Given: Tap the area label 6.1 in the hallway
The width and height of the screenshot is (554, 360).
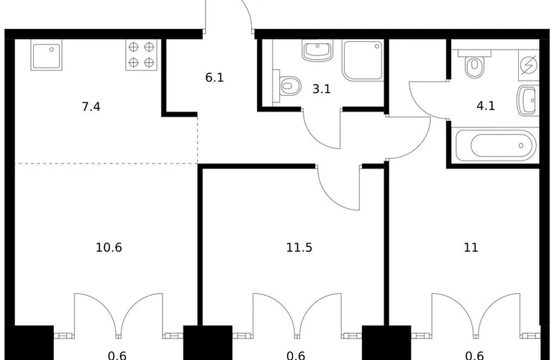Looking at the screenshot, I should pyautogui.click(x=214, y=77).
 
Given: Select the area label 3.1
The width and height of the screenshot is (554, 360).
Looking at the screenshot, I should pyautogui.click(x=320, y=91).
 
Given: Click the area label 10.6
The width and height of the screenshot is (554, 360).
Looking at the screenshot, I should pyautogui.click(x=109, y=248).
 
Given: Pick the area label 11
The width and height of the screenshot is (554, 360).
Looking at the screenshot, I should pyautogui.click(x=471, y=248).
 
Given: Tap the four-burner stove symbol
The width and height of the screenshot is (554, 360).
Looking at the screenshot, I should pyautogui.click(x=141, y=55).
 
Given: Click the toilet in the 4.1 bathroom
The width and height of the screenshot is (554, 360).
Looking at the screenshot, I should pyautogui.click(x=473, y=67).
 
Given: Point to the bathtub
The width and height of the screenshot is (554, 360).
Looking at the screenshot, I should pyautogui.click(x=494, y=145).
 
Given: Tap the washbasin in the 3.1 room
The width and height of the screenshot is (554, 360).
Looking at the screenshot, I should pyautogui.click(x=317, y=51).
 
